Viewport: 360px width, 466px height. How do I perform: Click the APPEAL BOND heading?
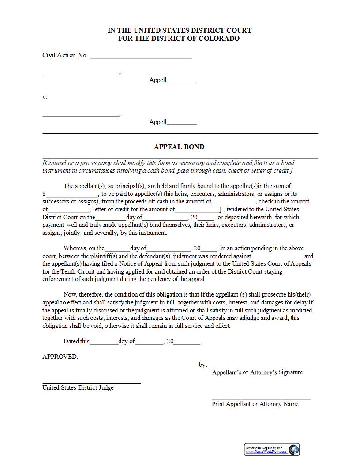[x=179, y=147]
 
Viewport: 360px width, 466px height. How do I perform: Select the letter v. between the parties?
[x=45, y=97]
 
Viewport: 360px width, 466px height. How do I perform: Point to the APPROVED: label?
[x=60, y=357]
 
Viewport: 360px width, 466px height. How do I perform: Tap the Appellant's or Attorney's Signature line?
[x=262, y=367]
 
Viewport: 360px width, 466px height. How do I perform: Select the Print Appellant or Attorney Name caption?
[x=255, y=404]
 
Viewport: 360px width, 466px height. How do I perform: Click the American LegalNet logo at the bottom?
[x=272, y=449]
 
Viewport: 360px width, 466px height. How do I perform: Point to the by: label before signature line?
[x=203, y=365]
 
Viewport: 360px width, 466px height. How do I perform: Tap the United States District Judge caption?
[x=78, y=387]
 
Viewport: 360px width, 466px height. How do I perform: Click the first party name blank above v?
[x=81, y=73]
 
